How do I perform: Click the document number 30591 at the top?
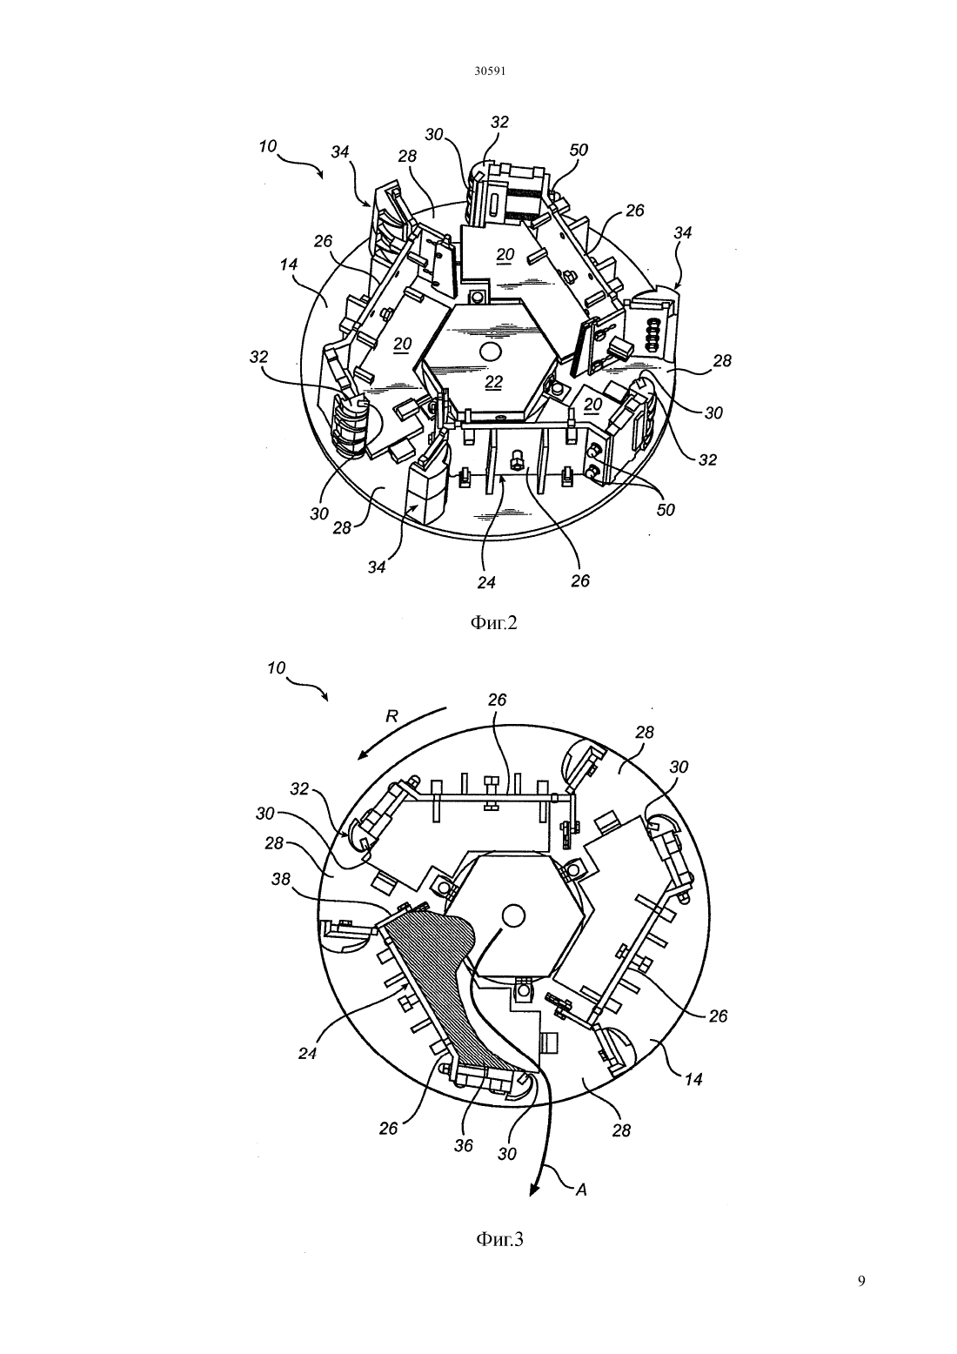[x=489, y=70]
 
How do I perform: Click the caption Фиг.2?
[x=493, y=623]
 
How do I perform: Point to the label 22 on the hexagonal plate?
[x=493, y=382]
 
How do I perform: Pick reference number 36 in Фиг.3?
[x=464, y=1145]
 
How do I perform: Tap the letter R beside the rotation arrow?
[x=391, y=716]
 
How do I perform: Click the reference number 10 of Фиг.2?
[x=268, y=145]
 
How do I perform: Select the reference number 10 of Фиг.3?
[x=276, y=668]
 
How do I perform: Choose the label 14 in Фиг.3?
[x=693, y=1079]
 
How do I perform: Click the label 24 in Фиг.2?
[x=486, y=582]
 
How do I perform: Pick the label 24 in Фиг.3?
[x=307, y=1053]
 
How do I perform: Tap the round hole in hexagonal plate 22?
[x=488, y=352]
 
